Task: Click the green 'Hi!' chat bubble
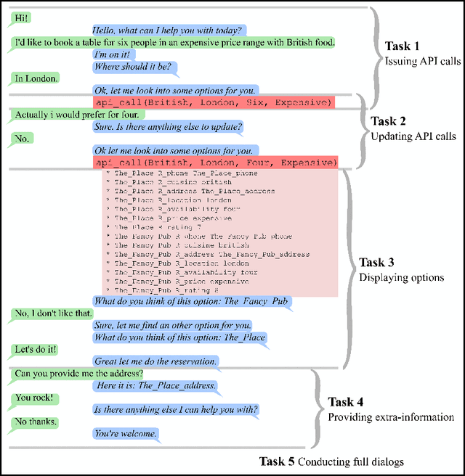pyautogui.click(x=22, y=16)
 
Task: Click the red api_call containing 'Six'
pyautogui.click(x=214, y=102)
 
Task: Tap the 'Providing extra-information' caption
pyautogui.click(x=390, y=416)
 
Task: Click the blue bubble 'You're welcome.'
pyautogui.click(x=126, y=434)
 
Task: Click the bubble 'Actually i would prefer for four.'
pyautogui.click(x=82, y=114)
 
